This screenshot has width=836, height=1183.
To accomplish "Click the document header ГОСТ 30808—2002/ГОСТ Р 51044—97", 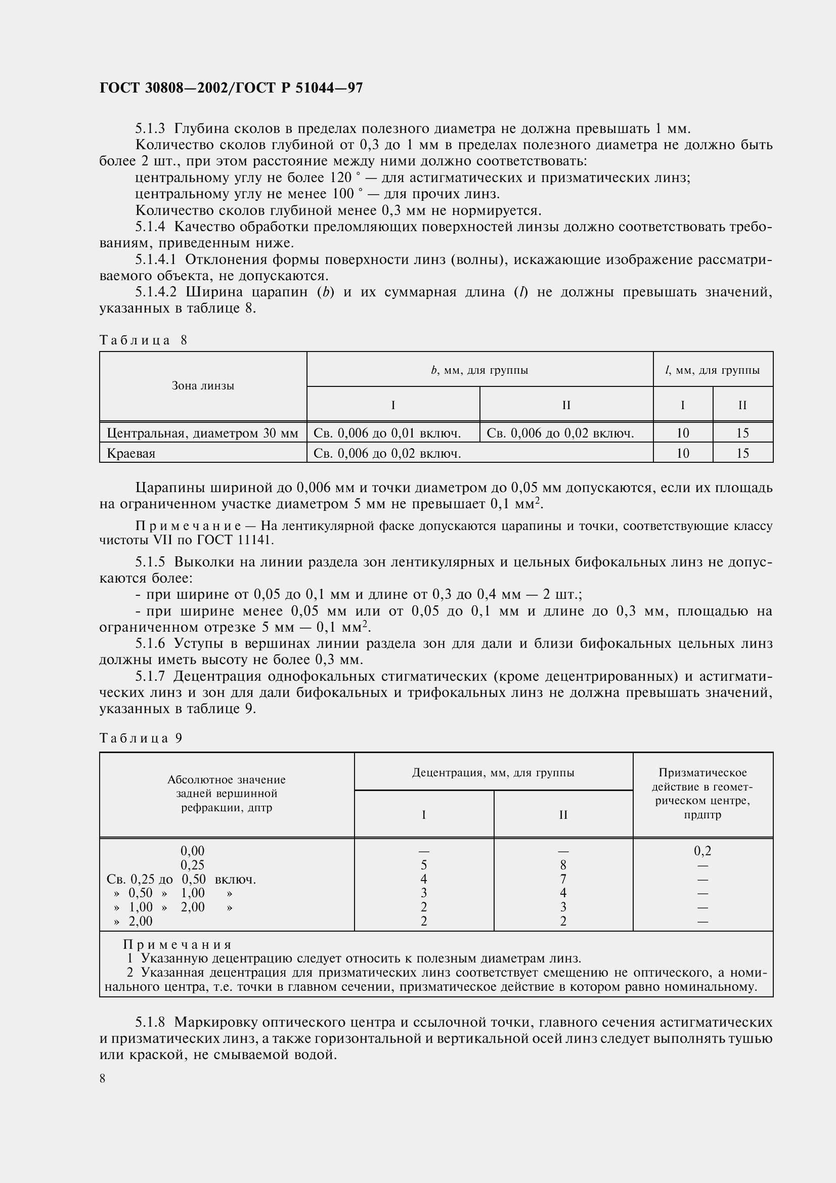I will pos(231,88).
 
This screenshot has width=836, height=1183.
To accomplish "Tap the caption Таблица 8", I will pos(143,340).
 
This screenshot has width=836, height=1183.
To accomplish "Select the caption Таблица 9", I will pos(141,738).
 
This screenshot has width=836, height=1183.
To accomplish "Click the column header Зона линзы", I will pos(203,386).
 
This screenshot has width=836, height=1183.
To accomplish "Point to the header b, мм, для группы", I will pos(479,370).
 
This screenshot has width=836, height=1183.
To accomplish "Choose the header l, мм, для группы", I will pos(713,370).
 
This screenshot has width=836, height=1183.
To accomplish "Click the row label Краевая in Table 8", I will pos(131,453).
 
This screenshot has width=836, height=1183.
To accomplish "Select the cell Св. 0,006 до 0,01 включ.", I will pos(387,433).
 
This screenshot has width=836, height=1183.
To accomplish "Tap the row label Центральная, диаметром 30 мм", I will pos(202,433).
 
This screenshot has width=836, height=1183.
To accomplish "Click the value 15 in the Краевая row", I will pos(742,453).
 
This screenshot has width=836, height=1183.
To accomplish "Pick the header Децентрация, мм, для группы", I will pos(493,772).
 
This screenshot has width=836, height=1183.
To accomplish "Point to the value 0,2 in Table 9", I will pos(702,851).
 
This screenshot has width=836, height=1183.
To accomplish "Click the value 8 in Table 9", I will pos(563,865).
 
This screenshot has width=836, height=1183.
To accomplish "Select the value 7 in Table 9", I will pos(563,879).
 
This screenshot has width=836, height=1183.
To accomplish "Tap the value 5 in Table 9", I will pos(423,865).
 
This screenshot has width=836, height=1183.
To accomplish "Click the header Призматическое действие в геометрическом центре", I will pos(702,794).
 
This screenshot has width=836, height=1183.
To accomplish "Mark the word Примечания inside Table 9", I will pos(178,944).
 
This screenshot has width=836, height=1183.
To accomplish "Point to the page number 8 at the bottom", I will pos(103,1078).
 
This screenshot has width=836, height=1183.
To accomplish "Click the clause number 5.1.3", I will pos(150,128).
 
